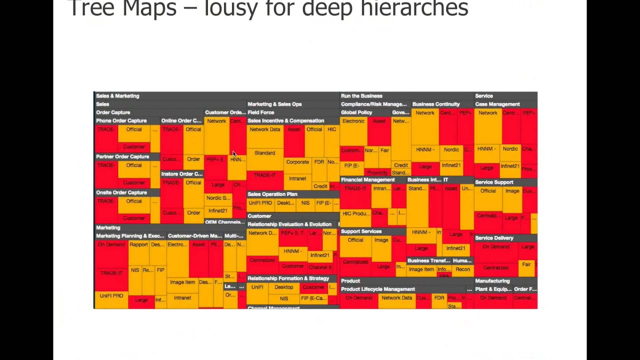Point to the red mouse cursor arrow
point(234,153)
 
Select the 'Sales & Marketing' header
point(117,96)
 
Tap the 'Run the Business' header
point(361,96)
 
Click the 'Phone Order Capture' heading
point(121,121)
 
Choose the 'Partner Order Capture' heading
point(122,156)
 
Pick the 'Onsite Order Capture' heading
point(121,192)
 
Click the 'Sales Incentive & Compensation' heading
point(286,121)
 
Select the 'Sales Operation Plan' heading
point(272,194)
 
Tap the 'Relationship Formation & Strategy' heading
point(288,278)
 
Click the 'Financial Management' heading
point(368,180)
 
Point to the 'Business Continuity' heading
point(436,104)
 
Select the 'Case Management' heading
point(497,104)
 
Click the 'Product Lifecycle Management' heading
point(378,289)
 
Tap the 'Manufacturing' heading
point(492,281)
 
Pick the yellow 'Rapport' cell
point(138,245)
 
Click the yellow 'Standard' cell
point(264,153)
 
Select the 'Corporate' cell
point(297,162)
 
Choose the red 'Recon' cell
point(462,269)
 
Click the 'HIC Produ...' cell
point(355,214)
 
